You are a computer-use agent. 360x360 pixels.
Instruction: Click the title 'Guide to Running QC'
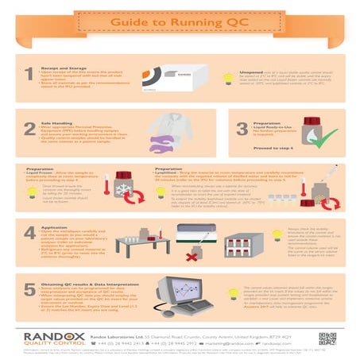pyautogui.click(x=180, y=25)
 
